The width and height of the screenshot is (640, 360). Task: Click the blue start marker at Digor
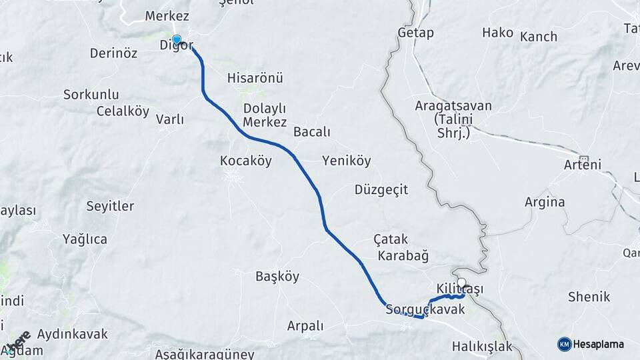pos(177,39)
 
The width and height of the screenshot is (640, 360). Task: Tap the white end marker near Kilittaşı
pos(461,282)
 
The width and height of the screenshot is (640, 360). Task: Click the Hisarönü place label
pos(255,78)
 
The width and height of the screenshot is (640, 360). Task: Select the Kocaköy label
pos(245,161)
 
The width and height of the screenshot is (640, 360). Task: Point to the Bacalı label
pos(312,132)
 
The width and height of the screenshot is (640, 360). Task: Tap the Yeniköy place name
pos(346,161)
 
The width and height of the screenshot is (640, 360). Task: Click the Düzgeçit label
pos(381,190)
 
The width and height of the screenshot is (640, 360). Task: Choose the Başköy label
pos(277,276)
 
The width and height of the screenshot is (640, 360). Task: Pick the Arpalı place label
pos(305,326)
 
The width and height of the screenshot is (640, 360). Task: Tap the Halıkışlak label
pos(481,346)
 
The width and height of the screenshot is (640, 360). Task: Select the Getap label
pos(415,33)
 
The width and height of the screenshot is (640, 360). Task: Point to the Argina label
pos(544,202)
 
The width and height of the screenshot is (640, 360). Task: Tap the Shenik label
pos(589,297)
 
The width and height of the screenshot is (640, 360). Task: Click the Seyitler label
pos(110,206)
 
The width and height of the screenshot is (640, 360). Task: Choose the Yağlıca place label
pos(85,239)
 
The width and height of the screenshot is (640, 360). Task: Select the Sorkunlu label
pos(91,94)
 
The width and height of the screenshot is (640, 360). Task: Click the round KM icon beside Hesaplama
pos(564,344)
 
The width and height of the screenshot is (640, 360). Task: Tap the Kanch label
pos(538,36)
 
